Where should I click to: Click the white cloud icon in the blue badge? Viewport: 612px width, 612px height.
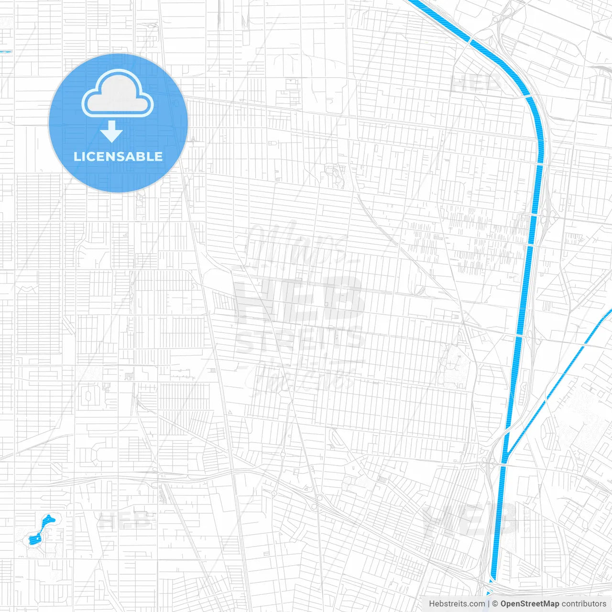pos(118,94)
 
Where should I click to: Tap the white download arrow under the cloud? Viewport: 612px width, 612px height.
pos(111,131)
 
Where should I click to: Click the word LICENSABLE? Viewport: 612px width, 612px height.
pos(118,156)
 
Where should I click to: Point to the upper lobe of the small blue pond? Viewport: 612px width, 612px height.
pos(48,519)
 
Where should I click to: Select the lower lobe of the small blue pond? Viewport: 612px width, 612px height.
pos(34,539)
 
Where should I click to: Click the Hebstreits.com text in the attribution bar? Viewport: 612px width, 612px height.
pos(457,604)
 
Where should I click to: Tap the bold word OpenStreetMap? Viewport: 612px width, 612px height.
pos(530,604)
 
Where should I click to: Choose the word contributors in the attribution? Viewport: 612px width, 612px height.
pos(584,604)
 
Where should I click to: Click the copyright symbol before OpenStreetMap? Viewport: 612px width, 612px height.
pos(495,604)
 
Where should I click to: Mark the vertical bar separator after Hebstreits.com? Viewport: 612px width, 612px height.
pos(488,604)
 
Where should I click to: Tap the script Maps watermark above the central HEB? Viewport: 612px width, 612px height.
pos(296,244)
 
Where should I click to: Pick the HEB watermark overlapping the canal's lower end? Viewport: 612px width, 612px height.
pos(471,521)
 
